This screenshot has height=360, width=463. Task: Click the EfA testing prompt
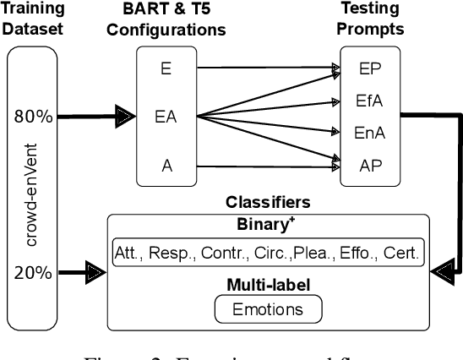[369, 101]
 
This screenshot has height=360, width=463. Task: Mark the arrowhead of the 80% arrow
[125, 117]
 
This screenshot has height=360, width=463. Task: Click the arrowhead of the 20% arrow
[98, 273]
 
